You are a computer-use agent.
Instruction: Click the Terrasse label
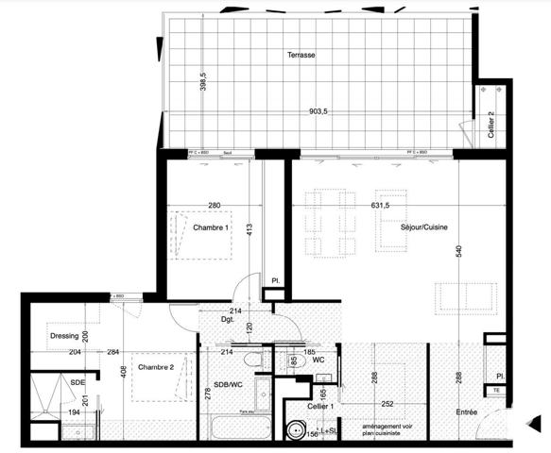coord(301,56)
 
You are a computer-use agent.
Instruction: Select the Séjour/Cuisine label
coord(424,226)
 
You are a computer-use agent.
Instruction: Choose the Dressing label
coord(63,334)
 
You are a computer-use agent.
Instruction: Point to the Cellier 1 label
coord(314,407)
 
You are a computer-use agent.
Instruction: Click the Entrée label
coord(466,412)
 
